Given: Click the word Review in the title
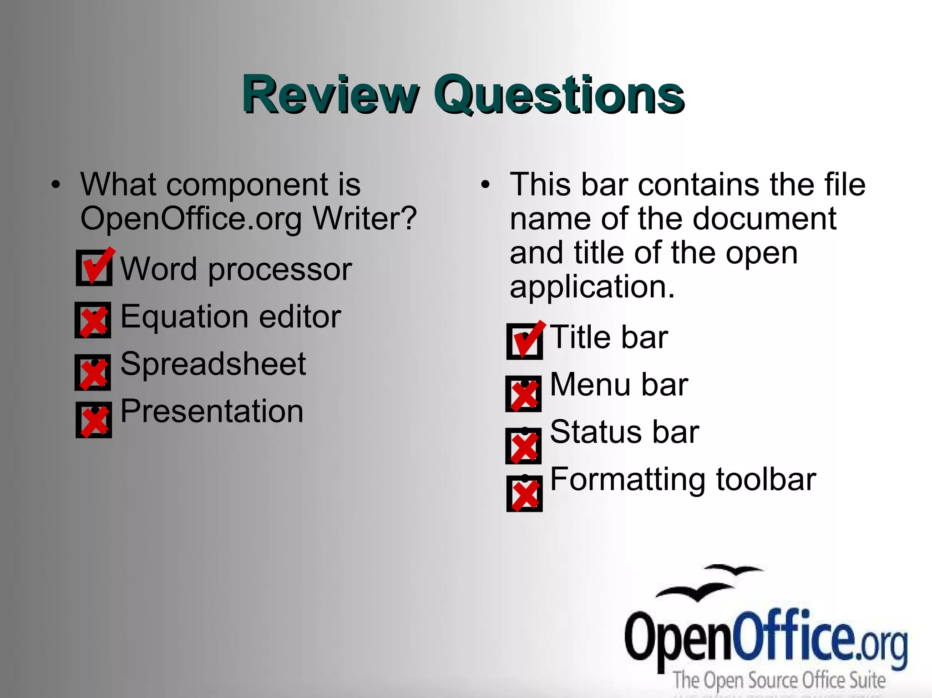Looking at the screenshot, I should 330,95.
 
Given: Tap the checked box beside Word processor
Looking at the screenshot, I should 94,268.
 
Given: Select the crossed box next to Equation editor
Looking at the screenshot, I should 93,320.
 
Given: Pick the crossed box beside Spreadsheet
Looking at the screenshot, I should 93,372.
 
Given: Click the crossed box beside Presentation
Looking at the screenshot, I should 94,420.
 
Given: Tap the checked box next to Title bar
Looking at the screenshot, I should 524,341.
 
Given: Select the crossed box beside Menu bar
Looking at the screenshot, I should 524,394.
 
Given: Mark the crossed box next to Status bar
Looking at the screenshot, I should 524,446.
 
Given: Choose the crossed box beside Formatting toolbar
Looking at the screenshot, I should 524,494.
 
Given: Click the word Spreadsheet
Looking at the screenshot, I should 213,364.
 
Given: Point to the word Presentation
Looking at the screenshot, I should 212,412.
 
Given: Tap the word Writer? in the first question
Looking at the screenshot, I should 365,219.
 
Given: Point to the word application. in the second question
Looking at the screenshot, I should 592,287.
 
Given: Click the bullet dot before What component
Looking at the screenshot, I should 56,185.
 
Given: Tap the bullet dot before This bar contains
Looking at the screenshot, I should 486,185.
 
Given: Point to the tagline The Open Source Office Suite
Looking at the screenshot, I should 779,680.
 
